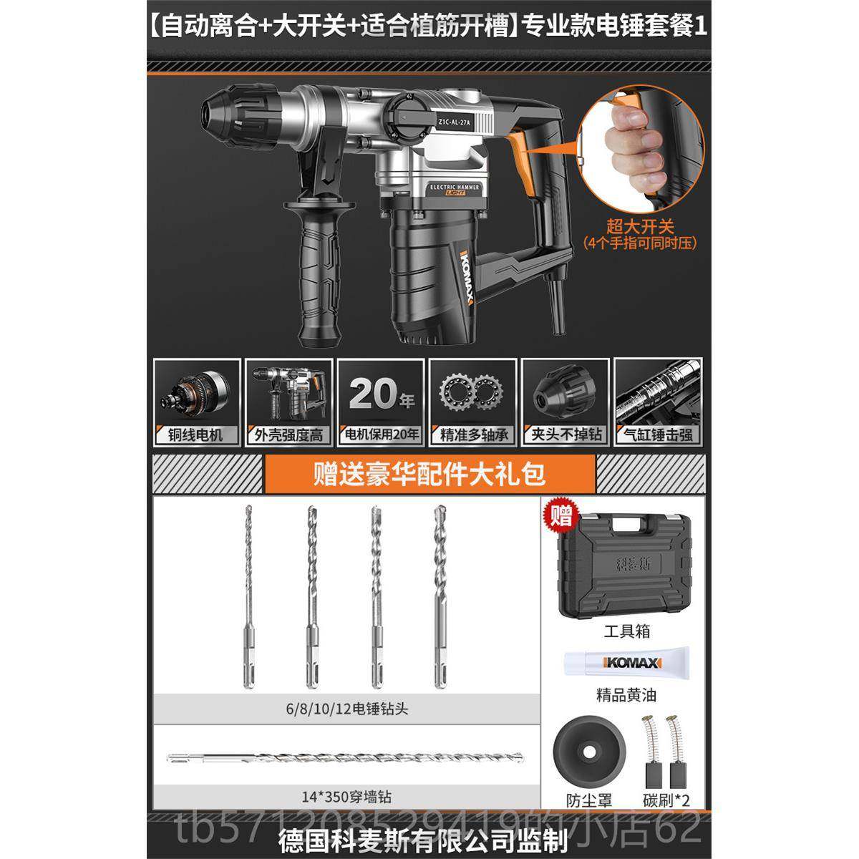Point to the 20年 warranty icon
click(x=380, y=401)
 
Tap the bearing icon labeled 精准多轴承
click(x=472, y=401)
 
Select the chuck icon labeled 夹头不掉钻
click(x=565, y=401)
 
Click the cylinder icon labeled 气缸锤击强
click(x=657, y=401)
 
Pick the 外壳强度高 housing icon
click(x=288, y=401)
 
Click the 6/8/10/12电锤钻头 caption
click(x=346, y=710)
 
